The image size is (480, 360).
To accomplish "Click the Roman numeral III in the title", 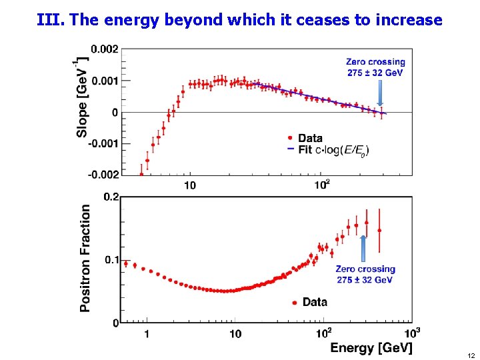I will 51,20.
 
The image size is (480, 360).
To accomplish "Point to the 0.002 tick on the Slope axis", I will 105,49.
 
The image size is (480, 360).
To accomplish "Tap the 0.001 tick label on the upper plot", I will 105,81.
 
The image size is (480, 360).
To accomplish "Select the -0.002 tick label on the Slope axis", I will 103,174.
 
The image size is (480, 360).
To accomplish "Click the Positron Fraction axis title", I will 85,258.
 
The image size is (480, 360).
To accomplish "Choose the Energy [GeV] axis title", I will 371,347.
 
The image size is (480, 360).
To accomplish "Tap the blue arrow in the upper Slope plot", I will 380,93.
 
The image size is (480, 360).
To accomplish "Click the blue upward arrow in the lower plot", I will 364,248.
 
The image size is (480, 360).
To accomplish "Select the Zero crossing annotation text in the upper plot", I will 375,67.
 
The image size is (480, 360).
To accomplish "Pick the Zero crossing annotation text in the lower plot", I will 365,275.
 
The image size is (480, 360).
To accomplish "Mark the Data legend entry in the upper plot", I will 305,138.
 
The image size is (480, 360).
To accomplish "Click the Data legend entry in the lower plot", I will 309,302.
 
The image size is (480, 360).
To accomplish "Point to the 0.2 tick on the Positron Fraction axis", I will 111,197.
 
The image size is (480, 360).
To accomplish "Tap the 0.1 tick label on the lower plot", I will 111,259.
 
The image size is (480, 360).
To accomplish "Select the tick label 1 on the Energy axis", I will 146,333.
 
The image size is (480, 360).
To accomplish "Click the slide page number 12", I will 471,355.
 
